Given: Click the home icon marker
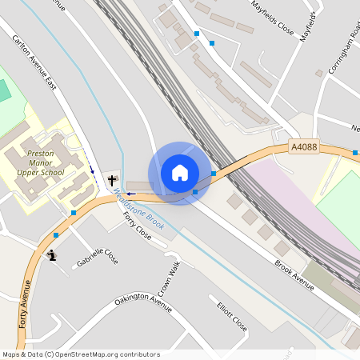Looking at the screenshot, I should coord(180,173).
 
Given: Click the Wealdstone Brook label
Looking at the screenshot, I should coord(139,210).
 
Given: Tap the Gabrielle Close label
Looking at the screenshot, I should coord(98,257).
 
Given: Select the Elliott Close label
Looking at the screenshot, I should coord(232,318).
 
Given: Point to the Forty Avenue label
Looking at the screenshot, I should coord(24,304).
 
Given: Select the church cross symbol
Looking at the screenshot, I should coord(112,179).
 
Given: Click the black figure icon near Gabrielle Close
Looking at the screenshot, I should coord(52,255).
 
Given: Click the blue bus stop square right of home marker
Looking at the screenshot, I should coord(214,173).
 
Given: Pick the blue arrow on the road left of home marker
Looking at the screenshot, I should coord(130,194).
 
